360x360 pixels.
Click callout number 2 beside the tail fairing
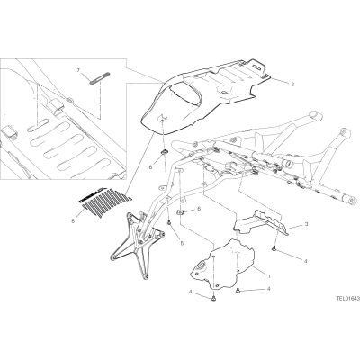click(x=292, y=85)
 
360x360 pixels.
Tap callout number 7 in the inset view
click(x=78, y=70)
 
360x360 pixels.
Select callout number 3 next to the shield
click(x=306, y=224)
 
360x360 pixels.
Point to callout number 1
click(x=269, y=275)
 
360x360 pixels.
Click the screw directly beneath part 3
click(x=274, y=248)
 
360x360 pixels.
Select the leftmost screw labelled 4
click(x=213, y=298)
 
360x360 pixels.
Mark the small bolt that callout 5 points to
click(x=169, y=222)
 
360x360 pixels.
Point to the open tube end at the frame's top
click(x=314, y=115)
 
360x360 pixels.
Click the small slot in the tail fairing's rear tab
click(x=256, y=67)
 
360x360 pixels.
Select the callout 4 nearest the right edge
click(x=306, y=261)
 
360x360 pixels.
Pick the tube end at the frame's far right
click(x=353, y=200)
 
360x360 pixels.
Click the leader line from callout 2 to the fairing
click(x=278, y=80)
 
